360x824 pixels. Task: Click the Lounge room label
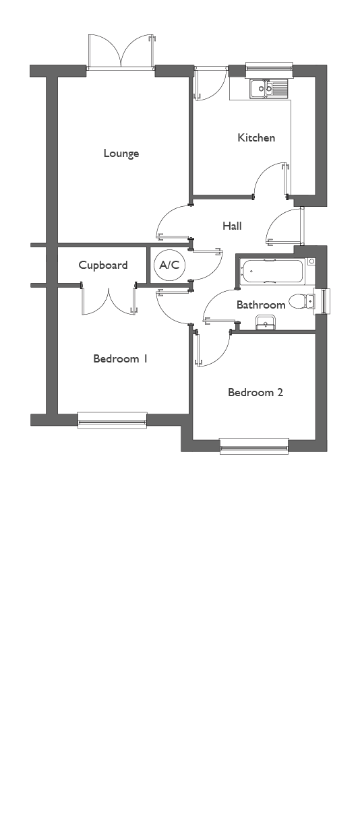click(121, 153)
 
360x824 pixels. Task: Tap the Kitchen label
click(256, 137)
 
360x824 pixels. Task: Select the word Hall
click(232, 226)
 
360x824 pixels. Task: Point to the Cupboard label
click(103, 265)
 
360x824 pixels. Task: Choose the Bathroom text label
click(261, 305)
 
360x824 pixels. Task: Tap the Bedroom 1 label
click(121, 358)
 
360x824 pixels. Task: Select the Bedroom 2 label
click(256, 392)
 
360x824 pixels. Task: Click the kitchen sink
click(269, 89)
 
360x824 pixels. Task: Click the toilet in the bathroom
click(302, 302)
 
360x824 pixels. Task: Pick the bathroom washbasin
click(265, 322)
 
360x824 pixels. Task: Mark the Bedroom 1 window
click(113, 420)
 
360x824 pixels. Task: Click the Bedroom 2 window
click(254, 446)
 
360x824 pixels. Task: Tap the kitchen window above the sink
click(269, 70)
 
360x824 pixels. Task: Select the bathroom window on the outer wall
click(322, 302)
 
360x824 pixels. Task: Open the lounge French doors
click(121, 52)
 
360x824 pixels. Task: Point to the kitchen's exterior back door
click(210, 84)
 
